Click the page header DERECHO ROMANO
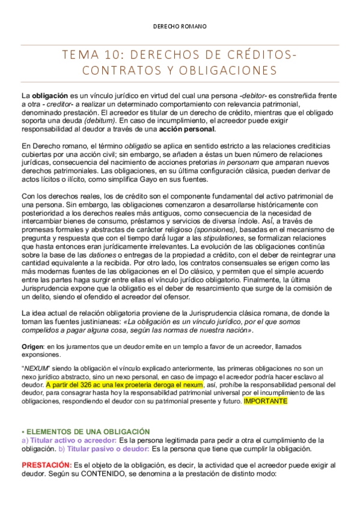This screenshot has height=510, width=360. click(180, 26)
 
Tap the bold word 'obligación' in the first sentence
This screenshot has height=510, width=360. click(50, 96)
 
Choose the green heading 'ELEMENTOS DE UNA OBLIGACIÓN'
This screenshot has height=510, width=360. click(87, 431)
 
